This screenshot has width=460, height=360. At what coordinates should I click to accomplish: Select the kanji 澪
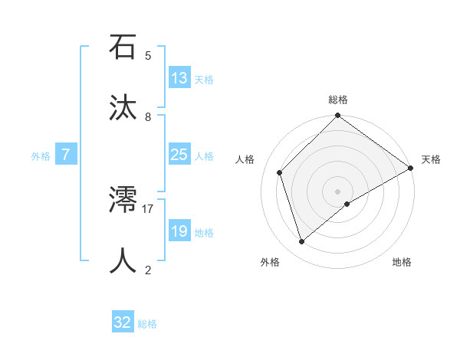tap(123, 201)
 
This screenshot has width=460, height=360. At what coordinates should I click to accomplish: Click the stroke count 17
tap(148, 208)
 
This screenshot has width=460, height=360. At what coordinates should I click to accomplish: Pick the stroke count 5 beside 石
tap(148, 55)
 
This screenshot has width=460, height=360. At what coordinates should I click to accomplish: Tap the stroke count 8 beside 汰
tap(148, 116)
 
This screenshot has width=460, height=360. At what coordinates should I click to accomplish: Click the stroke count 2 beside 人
tap(148, 270)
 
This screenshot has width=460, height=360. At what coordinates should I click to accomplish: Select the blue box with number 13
tap(179, 78)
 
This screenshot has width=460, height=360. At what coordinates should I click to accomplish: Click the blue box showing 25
tap(179, 155)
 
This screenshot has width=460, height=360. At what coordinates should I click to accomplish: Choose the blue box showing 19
tap(179, 231)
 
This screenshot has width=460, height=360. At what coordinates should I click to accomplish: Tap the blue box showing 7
tap(66, 155)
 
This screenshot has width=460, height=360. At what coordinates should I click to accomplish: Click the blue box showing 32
tap(123, 322)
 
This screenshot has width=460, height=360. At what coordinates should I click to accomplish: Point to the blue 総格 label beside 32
tap(147, 324)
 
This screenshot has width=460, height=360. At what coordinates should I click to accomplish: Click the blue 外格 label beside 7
tap(41, 156)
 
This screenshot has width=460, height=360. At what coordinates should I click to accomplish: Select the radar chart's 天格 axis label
tap(431, 159)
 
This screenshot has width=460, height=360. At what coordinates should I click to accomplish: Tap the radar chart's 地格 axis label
tap(402, 262)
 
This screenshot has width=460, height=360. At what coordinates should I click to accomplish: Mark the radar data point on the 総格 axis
tap(337, 116)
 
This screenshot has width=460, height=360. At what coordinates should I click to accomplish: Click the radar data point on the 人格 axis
tap(280, 172)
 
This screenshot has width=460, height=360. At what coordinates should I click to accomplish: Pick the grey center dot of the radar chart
tap(337, 191)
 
